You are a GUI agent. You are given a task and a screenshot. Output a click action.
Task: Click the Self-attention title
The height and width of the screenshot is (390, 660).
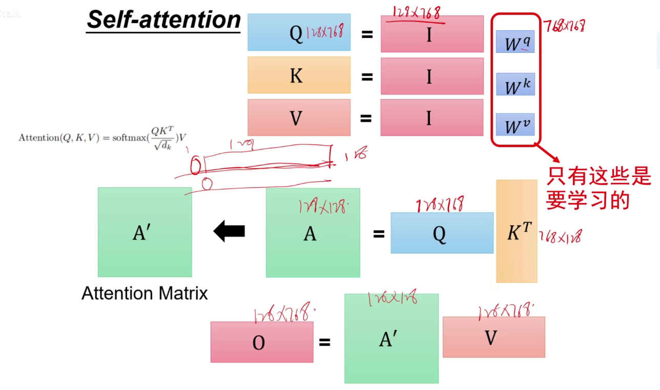[163, 20]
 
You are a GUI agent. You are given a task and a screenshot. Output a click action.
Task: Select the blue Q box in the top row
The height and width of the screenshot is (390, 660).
[299, 32]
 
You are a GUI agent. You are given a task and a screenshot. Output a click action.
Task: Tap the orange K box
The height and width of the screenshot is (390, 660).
[299, 75]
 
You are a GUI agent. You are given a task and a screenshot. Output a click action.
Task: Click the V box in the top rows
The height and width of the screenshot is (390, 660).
[299, 118]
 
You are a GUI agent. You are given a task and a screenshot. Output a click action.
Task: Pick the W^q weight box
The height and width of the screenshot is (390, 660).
[515, 42]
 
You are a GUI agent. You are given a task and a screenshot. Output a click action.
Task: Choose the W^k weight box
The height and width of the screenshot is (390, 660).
[515, 85]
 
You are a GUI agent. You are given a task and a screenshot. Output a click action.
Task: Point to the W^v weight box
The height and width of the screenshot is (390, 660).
[515, 125]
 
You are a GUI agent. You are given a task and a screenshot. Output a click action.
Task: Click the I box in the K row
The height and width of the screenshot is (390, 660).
[431, 76]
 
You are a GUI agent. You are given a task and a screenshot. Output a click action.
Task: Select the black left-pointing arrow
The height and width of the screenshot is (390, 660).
[229, 231]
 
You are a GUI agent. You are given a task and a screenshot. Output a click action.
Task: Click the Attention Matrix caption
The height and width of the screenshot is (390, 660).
[145, 294]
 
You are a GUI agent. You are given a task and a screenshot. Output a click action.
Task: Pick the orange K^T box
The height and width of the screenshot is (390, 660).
[517, 231]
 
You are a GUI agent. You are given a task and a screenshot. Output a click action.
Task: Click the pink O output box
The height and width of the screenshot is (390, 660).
[261, 342]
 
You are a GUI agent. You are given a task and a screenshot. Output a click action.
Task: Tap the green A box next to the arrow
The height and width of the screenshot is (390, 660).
[313, 232]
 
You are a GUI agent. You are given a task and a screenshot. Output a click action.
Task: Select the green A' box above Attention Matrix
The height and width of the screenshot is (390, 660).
[145, 232]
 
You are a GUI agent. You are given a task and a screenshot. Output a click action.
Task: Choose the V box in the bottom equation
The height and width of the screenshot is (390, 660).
[493, 337]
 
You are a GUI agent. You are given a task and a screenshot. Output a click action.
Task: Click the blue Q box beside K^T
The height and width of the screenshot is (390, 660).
[442, 233]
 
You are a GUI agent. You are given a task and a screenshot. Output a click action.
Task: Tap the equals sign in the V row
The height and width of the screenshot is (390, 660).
[365, 119]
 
